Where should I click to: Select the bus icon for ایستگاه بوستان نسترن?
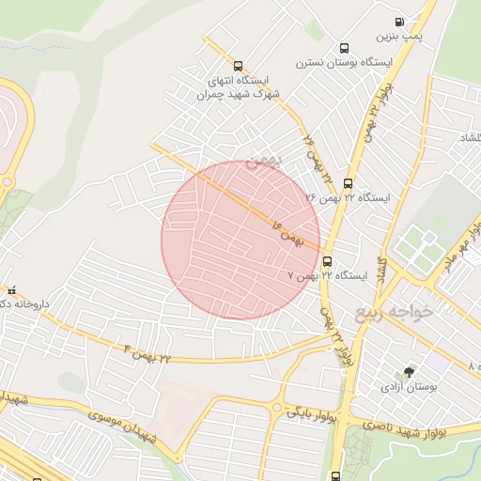click(x=344, y=48)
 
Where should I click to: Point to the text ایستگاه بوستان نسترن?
click(x=334, y=63)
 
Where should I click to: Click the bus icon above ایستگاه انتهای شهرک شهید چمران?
click(x=238, y=67)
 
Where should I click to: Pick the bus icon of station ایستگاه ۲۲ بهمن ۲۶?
click(x=349, y=183)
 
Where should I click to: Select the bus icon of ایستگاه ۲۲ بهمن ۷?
click(x=327, y=261)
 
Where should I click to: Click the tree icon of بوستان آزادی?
click(x=408, y=372)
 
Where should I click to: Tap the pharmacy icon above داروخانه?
click(x=11, y=289)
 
